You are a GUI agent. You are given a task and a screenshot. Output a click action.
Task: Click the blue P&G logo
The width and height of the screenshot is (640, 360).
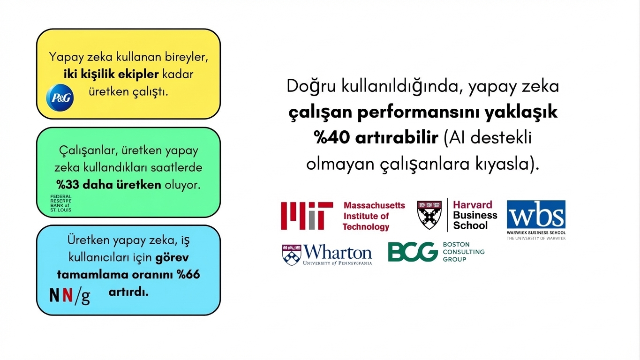click(60, 97)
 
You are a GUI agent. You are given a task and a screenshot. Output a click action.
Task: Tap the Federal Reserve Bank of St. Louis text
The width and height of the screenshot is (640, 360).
click(61, 203)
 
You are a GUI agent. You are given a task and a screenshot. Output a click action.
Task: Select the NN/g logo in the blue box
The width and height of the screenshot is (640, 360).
click(70, 296)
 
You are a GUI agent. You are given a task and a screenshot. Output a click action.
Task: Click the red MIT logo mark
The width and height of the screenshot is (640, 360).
click(307, 216)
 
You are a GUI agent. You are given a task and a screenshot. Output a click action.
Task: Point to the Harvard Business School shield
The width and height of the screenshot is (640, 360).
click(429, 215)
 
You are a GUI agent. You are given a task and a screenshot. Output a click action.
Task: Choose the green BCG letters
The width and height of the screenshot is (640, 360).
click(413, 252)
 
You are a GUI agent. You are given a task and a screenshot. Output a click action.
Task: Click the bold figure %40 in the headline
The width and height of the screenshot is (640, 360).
click(331, 137)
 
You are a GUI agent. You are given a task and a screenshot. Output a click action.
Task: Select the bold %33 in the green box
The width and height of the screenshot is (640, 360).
click(68, 185)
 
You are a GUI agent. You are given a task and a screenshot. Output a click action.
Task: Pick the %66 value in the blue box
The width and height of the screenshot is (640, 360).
click(188, 275)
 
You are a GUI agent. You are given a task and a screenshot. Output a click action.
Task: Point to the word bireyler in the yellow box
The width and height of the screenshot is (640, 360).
click(187, 57)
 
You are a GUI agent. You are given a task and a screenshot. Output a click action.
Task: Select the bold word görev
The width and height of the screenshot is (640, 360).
click(172, 258)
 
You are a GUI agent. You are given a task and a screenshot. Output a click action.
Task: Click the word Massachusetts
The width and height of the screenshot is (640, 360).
click(374, 205)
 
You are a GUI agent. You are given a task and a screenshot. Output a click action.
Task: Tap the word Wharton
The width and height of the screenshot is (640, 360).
click(338, 252)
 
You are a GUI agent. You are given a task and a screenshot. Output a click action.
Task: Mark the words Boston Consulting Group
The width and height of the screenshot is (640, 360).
click(464, 252)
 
